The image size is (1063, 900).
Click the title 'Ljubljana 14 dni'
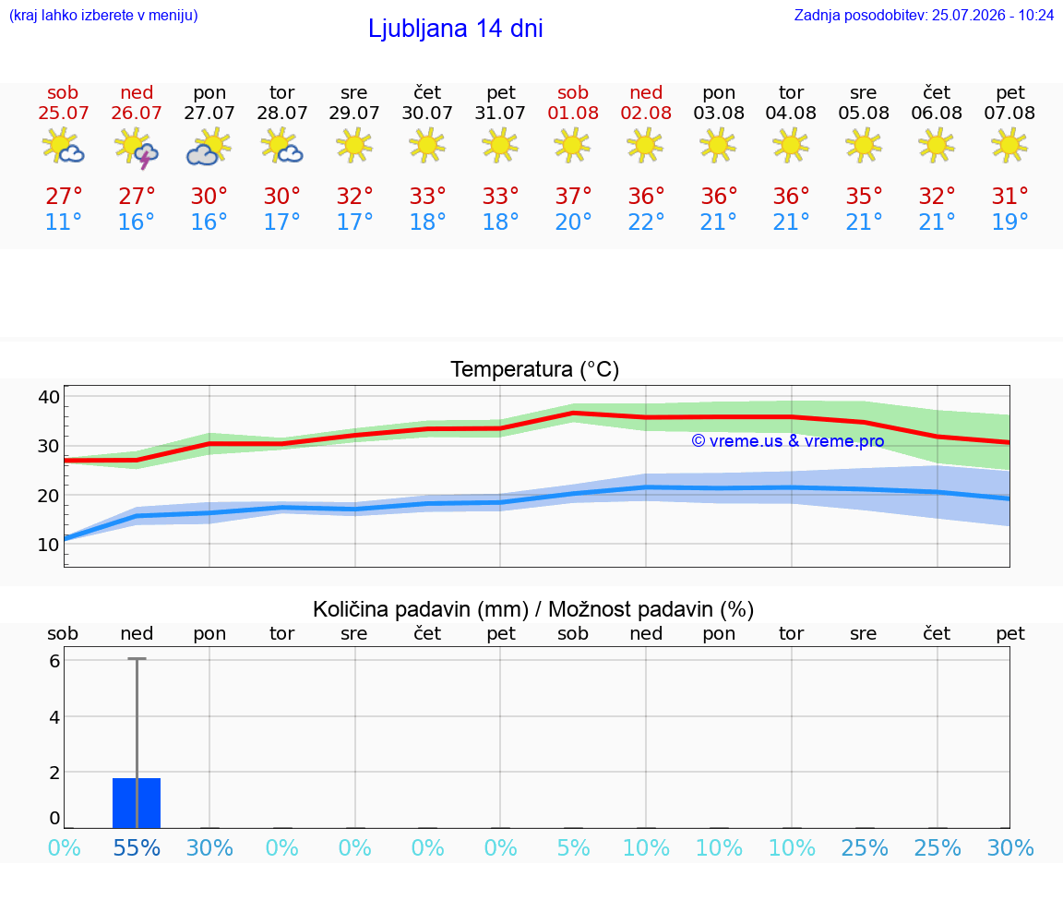(455, 29)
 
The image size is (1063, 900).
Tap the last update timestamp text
(924, 15)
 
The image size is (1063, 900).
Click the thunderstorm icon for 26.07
(137, 148)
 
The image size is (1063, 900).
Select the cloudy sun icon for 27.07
(209, 148)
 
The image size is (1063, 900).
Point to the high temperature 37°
(573, 196)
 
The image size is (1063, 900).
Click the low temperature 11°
(63, 222)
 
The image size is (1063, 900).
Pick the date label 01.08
(573, 113)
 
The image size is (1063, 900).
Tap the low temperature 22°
(645, 222)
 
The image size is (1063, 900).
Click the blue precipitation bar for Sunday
(137, 803)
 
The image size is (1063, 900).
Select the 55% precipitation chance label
(137, 847)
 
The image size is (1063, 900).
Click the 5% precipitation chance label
(573, 847)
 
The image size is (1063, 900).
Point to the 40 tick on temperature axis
(49, 397)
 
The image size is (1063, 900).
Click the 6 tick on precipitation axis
(55, 661)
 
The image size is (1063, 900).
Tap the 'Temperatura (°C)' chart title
(535, 369)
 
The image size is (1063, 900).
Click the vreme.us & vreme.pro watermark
(788, 441)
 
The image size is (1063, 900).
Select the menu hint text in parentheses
(103, 15)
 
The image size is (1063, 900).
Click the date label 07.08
(1009, 113)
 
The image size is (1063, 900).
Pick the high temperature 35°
(864, 196)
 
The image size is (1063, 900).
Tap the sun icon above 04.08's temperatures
(791, 145)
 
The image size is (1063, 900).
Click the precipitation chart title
(532, 609)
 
